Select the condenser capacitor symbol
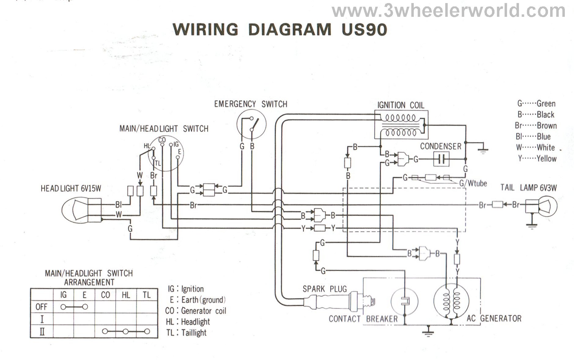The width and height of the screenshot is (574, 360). point(441,159)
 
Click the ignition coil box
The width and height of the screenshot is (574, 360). point(401,125)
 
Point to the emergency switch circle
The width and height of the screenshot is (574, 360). point(251,124)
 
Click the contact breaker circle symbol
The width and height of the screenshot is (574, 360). point(404,301)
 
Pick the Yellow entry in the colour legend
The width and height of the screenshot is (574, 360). point(537,158)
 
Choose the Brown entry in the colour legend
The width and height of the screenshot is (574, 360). point(536,125)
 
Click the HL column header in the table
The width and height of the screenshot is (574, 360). point(126,295)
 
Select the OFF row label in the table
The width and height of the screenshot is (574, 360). point(42,307)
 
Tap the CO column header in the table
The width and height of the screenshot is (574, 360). point(105,295)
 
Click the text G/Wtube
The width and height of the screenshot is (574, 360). point(473,184)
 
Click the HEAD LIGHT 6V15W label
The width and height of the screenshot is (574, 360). point(71,188)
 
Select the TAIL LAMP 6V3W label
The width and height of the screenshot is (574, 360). point(528,187)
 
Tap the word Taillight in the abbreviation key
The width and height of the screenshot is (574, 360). point(194,332)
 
